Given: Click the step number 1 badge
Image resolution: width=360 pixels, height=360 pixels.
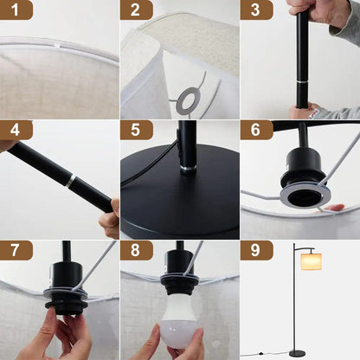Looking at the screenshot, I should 16,10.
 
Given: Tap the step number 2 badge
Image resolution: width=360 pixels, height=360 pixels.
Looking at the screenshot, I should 137,10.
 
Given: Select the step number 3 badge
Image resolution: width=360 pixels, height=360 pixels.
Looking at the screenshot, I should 256,10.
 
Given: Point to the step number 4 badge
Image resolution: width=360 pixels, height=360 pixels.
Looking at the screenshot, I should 16,130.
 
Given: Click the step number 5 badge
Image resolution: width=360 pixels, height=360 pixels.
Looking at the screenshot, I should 137,130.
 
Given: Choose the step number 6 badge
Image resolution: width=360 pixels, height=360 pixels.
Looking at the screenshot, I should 256,130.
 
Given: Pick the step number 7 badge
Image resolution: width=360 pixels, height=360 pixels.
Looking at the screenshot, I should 16,250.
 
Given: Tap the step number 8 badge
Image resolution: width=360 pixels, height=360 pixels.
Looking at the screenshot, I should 137,250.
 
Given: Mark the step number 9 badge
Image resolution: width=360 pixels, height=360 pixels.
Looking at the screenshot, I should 256,250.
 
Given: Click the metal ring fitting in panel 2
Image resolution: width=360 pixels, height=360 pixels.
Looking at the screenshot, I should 186,100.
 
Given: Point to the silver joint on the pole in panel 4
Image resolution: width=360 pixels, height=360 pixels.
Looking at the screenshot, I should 68,182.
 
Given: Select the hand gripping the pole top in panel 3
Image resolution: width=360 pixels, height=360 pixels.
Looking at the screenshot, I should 312,10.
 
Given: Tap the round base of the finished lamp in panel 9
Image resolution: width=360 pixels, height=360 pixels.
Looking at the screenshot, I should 296,352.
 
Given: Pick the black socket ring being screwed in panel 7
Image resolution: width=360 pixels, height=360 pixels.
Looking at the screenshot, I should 64,298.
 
